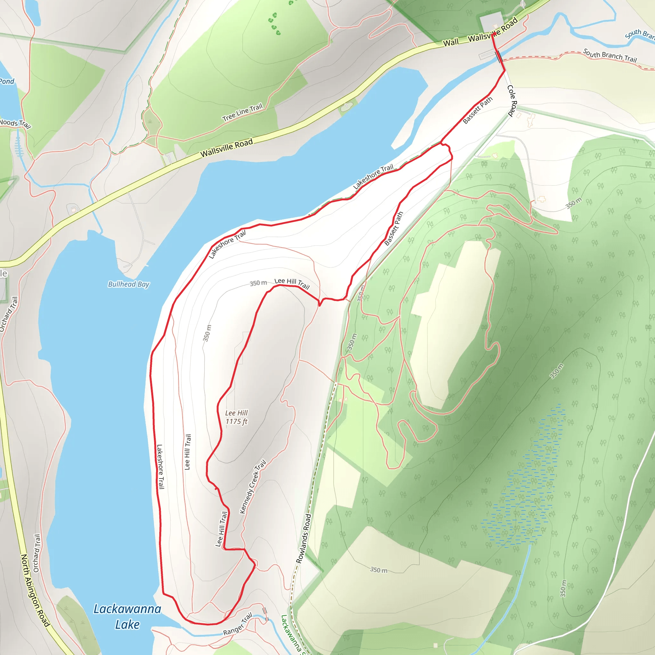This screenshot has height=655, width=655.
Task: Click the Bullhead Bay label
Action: click(129, 284)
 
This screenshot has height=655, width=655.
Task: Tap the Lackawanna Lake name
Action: click(127, 617)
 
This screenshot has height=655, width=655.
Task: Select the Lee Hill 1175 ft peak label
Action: click(236, 417)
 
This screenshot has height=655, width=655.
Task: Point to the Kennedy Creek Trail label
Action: click(253, 487)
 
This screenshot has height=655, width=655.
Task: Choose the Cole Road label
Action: click(512, 101)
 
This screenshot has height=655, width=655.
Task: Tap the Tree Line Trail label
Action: click(242, 112)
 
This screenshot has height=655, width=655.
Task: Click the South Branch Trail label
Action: click(610, 55)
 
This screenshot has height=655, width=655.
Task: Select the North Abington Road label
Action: click(35, 590)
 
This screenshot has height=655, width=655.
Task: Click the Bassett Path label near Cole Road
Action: click(477, 111)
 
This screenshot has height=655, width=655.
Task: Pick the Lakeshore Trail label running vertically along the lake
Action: click(160, 467)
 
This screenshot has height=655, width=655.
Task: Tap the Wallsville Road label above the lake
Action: click(226, 148)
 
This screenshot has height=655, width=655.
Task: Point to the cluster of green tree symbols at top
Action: click(274, 24)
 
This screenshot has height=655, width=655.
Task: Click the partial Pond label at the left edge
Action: click(7, 81)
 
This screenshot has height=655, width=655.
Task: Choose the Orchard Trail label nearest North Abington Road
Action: click(36, 553)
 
